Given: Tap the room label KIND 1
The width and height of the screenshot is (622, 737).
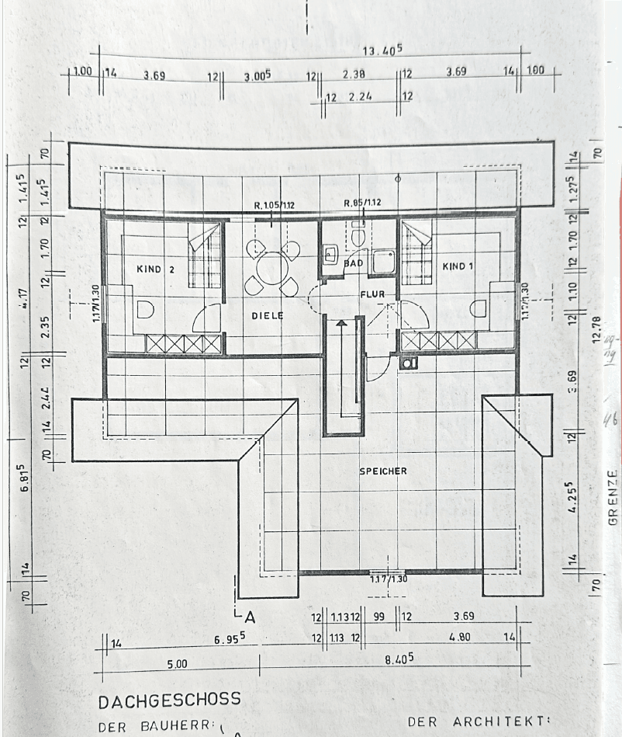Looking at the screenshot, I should tap(458, 266).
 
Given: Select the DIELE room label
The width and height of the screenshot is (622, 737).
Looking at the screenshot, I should tap(267, 316).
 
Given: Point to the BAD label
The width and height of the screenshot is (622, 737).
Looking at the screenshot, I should tap(354, 263).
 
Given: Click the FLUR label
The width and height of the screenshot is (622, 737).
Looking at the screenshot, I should tap(372, 294).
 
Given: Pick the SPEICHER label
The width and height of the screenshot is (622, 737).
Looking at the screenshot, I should tap(383, 471).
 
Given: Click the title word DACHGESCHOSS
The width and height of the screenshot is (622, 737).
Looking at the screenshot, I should tap(169, 700).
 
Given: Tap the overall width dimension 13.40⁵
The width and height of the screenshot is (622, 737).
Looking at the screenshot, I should tap(382, 51).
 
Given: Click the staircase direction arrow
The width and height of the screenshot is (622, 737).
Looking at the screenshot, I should tap(340, 322).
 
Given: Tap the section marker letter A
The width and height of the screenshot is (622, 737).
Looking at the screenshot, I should tap(249, 618).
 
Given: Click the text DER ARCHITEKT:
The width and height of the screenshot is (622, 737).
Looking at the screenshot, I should tap(478, 721).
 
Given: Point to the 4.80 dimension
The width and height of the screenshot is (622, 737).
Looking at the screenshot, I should tap(461, 638).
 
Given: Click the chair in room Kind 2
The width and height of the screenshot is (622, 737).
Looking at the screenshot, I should tap(145, 310).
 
